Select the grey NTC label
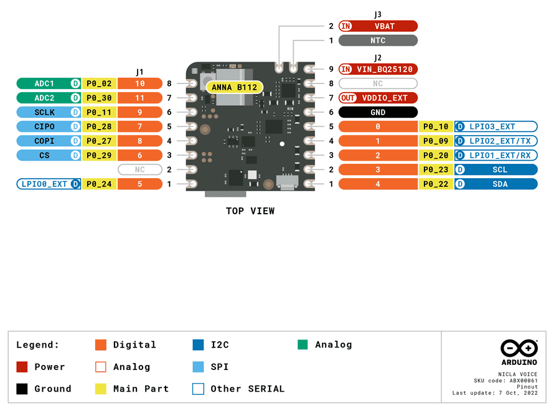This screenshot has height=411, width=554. pos(378,40)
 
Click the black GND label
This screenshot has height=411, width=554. pos(378,112)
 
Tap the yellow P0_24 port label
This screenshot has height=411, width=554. pos(99,184)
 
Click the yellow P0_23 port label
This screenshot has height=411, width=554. pos(436,169)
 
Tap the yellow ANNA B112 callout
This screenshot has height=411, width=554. pos(234,87)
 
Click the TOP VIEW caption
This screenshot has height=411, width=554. pos(250,211)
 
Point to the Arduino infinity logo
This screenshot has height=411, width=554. pos(519,348)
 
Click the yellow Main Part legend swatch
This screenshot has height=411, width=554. pos(101,389)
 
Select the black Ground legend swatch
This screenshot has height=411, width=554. pos(22,389)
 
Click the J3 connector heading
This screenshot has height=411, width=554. pos(378,14)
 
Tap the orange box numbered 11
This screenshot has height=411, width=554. pos(139,98)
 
